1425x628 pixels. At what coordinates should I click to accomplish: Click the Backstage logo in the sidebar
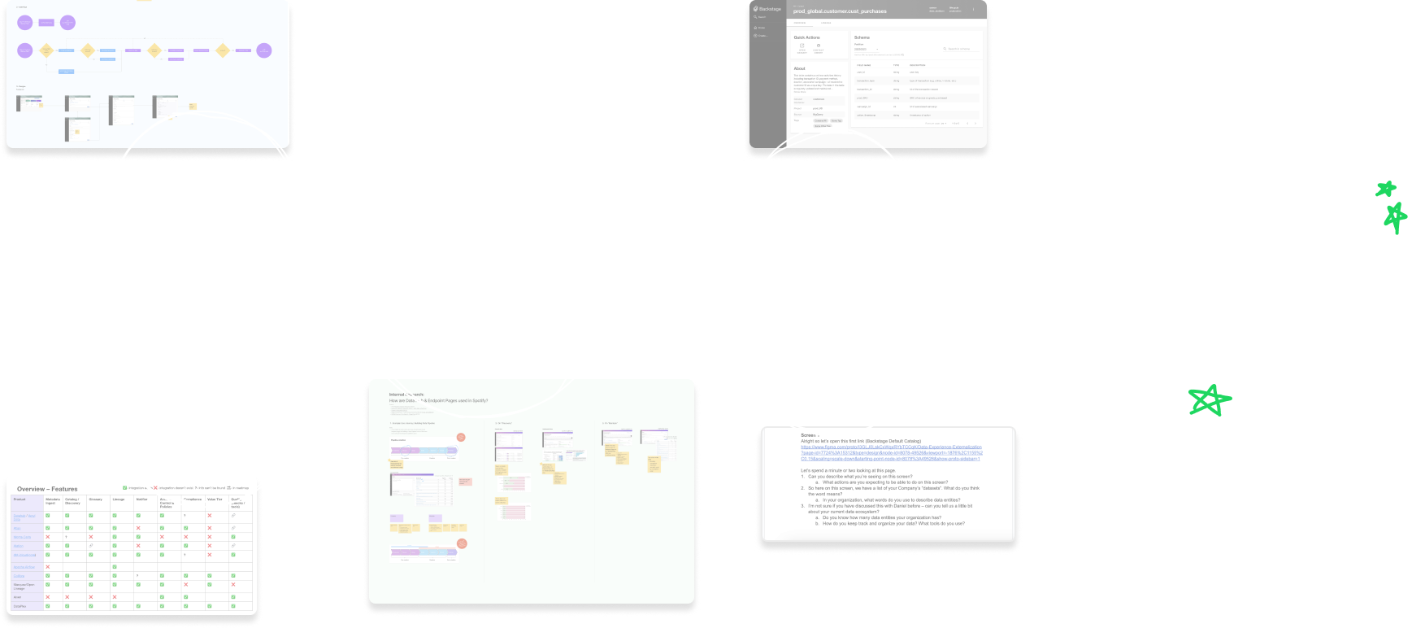point(767,9)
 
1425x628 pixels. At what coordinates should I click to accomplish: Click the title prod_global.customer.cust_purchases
point(840,11)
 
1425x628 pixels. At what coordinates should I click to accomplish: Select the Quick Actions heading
point(806,37)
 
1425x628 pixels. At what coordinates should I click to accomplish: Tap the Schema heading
point(862,37)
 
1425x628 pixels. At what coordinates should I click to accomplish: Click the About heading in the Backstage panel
point(799,68)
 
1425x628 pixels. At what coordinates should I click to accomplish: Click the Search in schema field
point(959,49)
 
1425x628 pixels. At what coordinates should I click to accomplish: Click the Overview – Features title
point(47,489)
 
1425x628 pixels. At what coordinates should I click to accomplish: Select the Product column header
point(20,499)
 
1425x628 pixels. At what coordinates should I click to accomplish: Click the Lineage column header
point(119,499)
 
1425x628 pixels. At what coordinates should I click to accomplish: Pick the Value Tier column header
point(215,499)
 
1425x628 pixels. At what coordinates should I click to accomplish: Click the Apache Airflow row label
point(24,567)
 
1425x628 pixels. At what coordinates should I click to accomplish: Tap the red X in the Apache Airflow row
point(48,567)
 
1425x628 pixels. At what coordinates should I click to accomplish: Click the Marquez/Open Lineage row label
point(24,586)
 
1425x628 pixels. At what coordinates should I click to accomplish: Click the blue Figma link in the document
point(891,452)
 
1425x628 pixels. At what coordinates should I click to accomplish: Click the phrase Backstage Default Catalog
point(893,441)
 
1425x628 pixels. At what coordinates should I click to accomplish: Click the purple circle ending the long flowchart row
point(263,50)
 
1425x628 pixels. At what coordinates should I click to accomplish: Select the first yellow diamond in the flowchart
point(46,50)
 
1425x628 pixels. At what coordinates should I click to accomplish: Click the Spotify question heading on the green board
point(438,400)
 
